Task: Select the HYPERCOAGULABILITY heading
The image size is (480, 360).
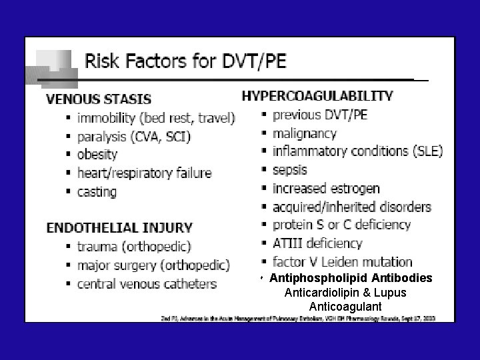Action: [x=317, y=96]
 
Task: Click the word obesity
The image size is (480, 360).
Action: [x=97, y=155]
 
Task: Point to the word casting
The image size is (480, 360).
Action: [x=97, y=192]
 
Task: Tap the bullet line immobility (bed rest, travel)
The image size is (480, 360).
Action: [x=156, y=118]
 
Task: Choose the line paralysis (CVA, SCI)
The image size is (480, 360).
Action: [x=133, y=137]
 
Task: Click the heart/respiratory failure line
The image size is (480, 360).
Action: [x=144, y=173]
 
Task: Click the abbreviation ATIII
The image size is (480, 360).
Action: [x=288, y=243]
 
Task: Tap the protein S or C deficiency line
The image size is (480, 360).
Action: [x=342, y=225]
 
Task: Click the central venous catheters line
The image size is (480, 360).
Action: [x=147, y=284]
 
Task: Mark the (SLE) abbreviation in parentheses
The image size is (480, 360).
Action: [x=427, y=151]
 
